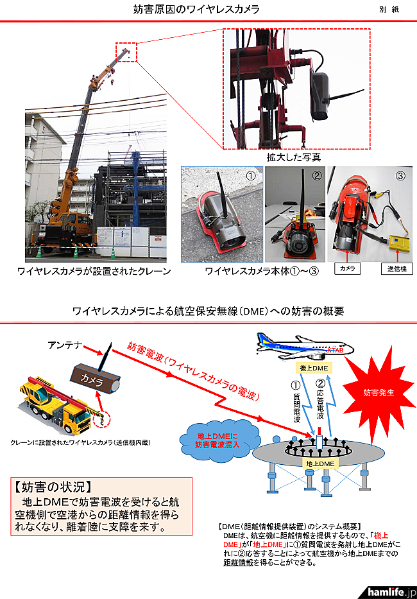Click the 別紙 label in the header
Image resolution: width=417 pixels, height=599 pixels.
tap(389, 10)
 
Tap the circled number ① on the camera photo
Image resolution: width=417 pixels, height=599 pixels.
tap(250, 176)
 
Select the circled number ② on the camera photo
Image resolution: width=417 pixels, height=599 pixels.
tap(316, 175)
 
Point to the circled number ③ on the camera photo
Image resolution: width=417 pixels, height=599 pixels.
tap(400, 176)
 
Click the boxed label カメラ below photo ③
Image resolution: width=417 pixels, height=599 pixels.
tap(348, 268)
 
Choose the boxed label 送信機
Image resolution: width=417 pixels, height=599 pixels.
tap(396, 268)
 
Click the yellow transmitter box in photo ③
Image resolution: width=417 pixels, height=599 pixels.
tap(399, 243)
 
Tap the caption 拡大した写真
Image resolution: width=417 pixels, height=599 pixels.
tap(294, 157)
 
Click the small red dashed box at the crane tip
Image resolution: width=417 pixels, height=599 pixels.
tap(126, 53)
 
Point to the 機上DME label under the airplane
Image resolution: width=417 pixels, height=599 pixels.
tap(314, 368)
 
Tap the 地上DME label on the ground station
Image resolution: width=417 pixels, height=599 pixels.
tap(320, 464)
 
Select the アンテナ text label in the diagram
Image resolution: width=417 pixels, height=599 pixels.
tap(65, 345)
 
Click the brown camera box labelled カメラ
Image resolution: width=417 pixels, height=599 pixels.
tap(95, 379)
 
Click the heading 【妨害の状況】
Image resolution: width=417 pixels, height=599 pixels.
tap(53, 487)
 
